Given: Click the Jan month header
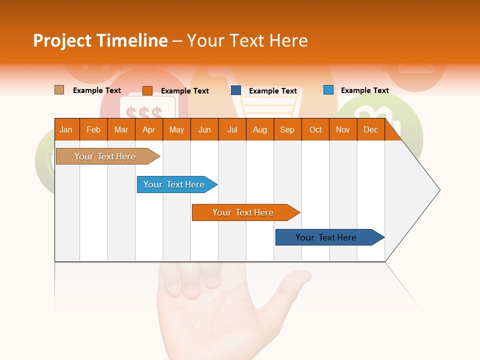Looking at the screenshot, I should (66, 129).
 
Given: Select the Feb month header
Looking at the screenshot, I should (93, 129).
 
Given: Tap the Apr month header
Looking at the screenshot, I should (148, 129).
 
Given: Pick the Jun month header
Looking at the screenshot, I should (204, 129).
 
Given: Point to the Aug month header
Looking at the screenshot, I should (259, 129).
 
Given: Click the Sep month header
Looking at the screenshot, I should (287, 129).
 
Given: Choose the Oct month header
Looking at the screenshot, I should (315, 129).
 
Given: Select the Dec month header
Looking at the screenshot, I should (370, 129).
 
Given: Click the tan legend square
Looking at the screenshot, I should (59, 90).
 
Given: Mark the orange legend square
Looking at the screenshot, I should (147, 90).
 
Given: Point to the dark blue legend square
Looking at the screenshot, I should (236, 90).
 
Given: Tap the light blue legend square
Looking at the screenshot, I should (328, 90).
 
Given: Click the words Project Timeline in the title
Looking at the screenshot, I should (100, 40).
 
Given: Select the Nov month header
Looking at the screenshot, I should (343, 129).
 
